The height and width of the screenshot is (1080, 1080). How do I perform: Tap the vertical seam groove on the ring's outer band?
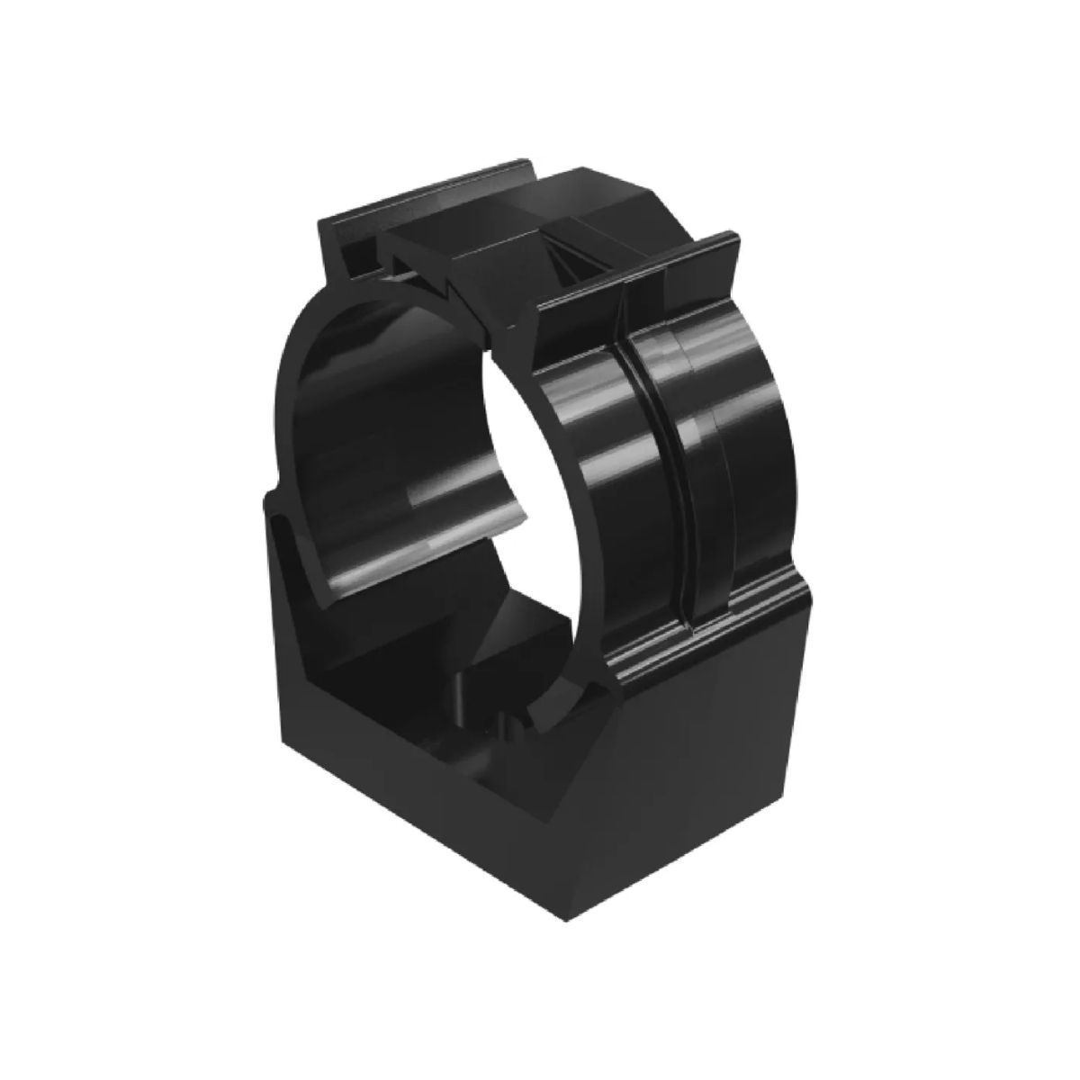pyautogui.click(x=675, y=450)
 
